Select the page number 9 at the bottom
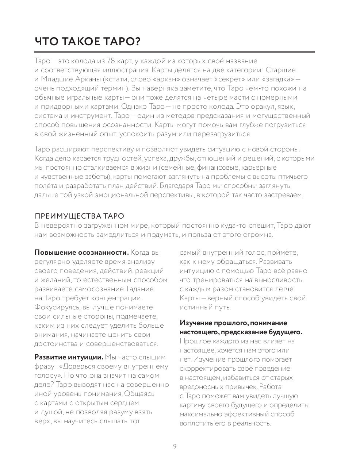click(x=175, y=446)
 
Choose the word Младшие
click(x=55, y=79)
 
